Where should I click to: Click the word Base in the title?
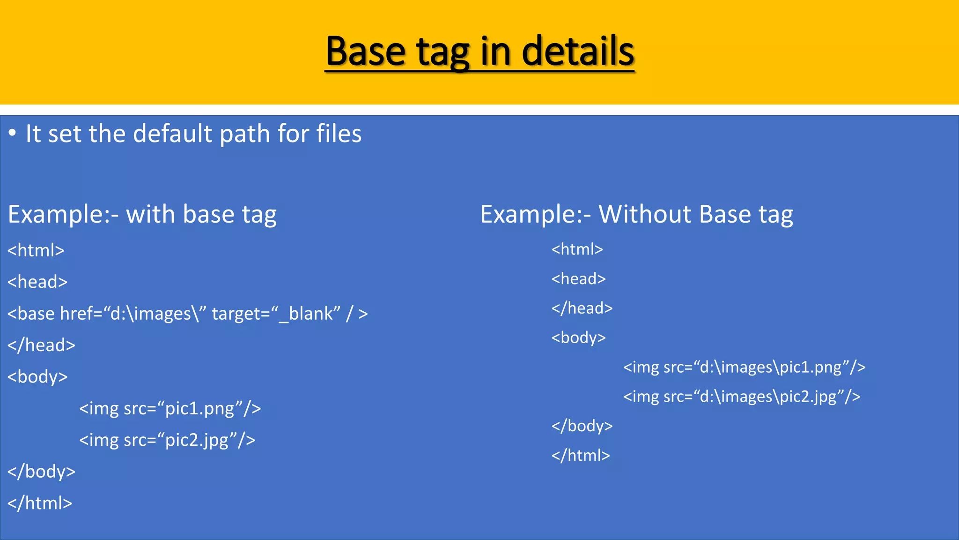(x=365, y=52)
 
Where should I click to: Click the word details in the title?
(x=578, y=52)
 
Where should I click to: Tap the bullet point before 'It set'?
(x=13, y=133)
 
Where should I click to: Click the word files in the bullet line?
(x=339, y=134)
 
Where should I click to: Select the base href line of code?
(x=187, y=314)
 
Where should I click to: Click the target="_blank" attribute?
(x=276, y=314)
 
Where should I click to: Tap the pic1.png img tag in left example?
(x=170, y=408)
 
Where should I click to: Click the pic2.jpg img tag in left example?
(x=167, y=440)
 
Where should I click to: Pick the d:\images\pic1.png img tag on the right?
(x=744, y=367)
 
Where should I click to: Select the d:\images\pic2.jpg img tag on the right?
(x=742, y=397)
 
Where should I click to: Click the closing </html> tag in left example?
(x=40, y=503)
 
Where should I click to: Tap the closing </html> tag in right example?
(x=581, y=455)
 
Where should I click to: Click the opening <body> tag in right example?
(x=578, y=337)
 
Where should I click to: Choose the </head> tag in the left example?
(x=41, y=345)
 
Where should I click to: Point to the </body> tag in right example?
(x=582, y=426)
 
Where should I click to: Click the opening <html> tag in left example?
(x=36, y=250)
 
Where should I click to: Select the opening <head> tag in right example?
(x=578, y=279)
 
